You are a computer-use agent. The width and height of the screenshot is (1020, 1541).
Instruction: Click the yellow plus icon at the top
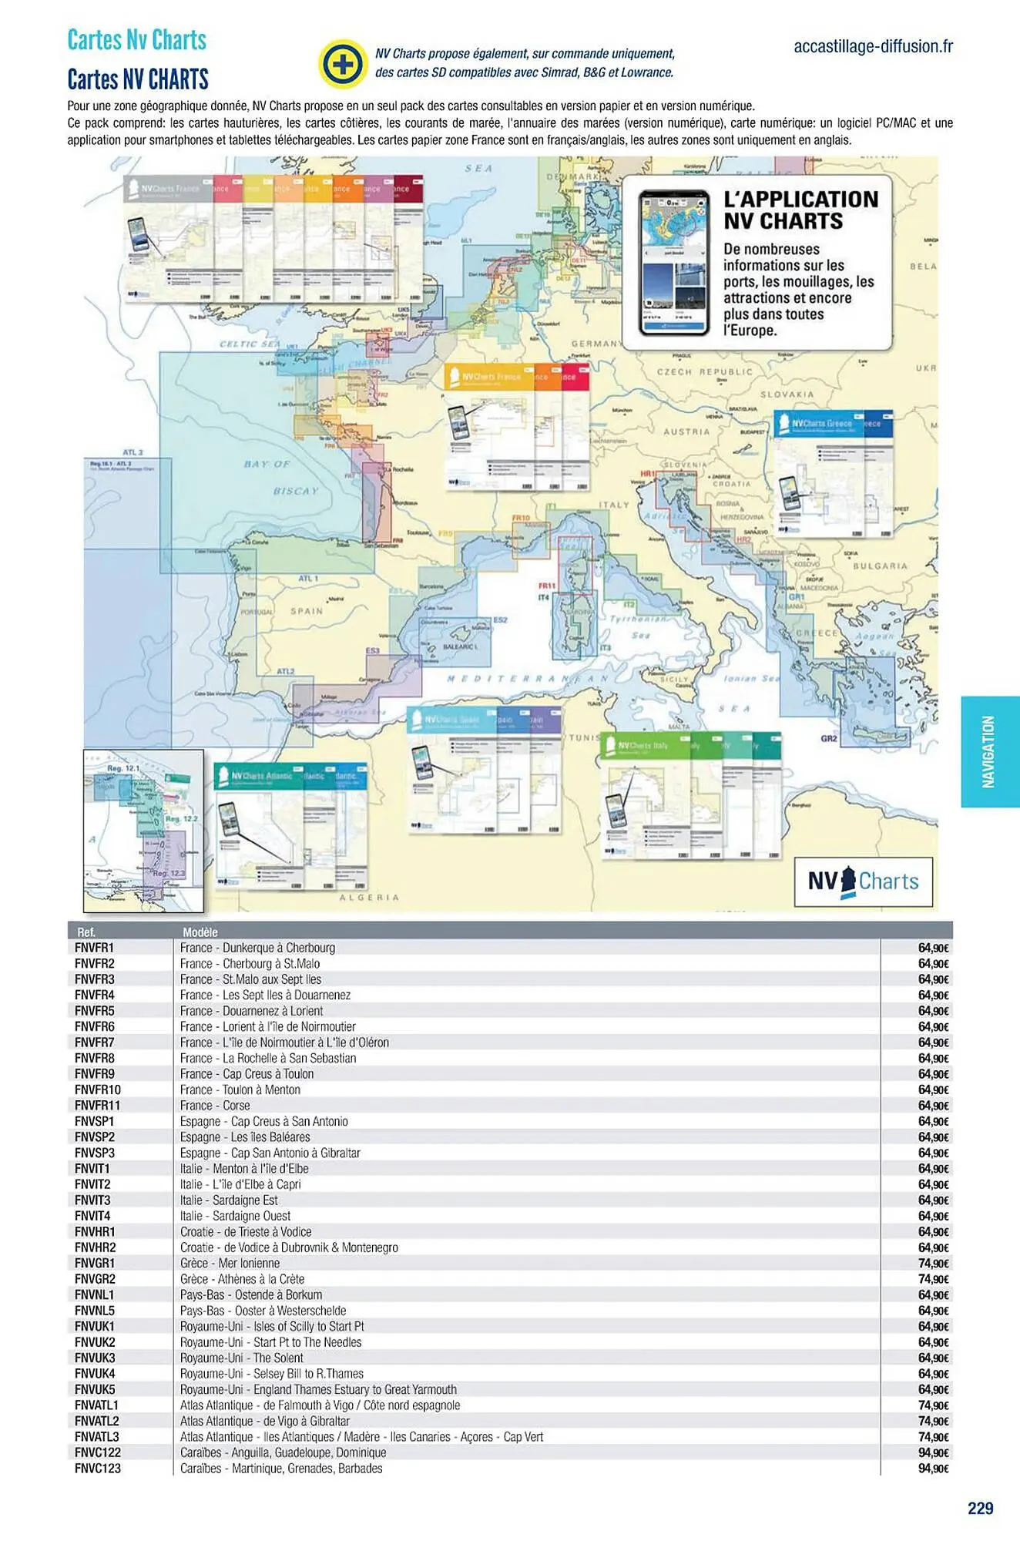coord(342,63)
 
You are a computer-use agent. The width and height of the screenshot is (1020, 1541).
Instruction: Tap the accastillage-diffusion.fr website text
coord(873,46)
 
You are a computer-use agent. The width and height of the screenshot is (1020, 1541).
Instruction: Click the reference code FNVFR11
coord(97,1106)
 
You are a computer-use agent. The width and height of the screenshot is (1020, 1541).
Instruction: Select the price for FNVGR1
coord(933,1264)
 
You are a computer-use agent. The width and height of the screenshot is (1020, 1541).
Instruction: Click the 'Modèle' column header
coord(200,932)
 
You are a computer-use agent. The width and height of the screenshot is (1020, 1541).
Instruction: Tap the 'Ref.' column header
coord(86,932)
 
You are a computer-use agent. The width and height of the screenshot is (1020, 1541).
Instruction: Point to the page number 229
coord(980,1508)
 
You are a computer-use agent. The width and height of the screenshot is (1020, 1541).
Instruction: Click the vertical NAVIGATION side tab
coord(989,751)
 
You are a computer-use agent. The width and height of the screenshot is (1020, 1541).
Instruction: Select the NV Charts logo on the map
coord(863,881)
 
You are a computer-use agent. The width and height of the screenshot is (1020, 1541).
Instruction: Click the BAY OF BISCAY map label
coord(281,477)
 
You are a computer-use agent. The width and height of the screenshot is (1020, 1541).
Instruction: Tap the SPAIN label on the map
coord(307,611)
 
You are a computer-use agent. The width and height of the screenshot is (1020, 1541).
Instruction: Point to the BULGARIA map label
coord(881,566)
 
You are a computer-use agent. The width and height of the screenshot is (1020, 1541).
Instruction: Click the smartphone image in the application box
coord(674,263)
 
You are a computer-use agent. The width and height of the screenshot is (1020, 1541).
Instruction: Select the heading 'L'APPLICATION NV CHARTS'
coord(800,210)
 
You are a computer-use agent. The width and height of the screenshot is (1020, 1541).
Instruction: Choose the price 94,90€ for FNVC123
coord(933,1469)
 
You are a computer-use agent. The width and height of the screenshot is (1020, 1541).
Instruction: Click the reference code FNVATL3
coord(96,1437)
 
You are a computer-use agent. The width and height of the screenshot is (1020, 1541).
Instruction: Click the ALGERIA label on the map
coord(370,898)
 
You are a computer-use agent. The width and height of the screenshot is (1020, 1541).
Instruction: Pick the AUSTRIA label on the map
coord(686,432)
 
